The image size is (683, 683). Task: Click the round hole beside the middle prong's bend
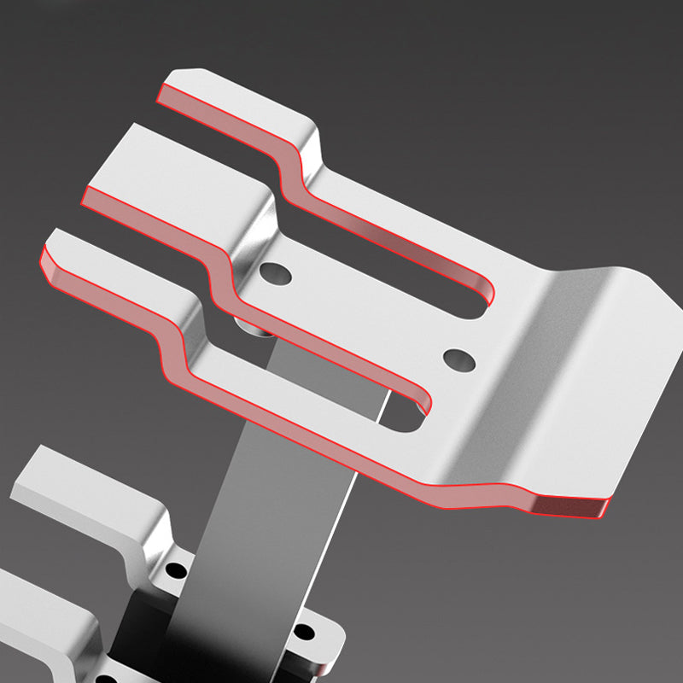pyautogui.click(x=277, y=274)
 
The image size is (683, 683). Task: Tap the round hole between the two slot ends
pyautogui.click(x=459, y=359)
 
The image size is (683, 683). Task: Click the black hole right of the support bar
pyautogui.click(x=303, y=633)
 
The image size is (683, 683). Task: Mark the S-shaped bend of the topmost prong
pyautogui.click(x=295, y=162)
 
